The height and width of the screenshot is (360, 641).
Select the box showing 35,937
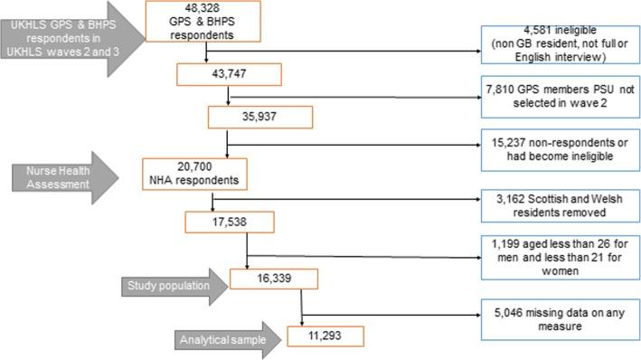pyautogui.click(x=260, y=118)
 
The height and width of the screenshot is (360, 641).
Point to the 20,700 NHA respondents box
pyautogui.click(x=194, y=172)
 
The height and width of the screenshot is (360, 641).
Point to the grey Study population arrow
pyautogui.click(x=170, y=286)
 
